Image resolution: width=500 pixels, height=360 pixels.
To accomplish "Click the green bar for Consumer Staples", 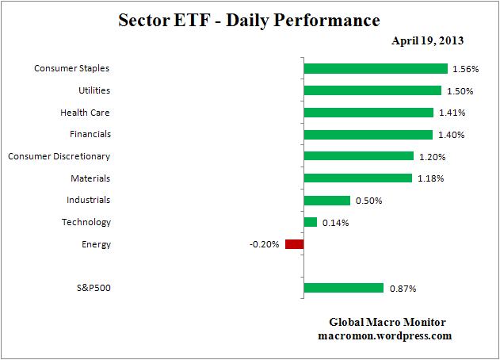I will (376, 69).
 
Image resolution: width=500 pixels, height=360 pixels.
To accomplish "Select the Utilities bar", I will (372, 90).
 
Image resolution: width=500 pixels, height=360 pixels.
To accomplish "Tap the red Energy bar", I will (294, 244).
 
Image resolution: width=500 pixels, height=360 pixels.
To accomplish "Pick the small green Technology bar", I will (311, 222).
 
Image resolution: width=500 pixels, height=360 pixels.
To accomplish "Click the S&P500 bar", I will (343, 289).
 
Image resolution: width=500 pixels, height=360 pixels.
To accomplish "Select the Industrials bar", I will (326, 201).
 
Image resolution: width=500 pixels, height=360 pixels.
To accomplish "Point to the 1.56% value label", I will (464, 69).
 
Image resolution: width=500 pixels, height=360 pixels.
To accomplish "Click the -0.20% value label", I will (264, 244).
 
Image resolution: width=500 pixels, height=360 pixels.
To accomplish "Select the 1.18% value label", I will (430, 178).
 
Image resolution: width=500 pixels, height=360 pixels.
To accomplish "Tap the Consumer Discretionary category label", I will (59, 156).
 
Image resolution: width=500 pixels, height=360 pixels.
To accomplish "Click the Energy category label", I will (96, 244).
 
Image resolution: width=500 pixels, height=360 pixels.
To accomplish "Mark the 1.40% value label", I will (451, 135).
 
